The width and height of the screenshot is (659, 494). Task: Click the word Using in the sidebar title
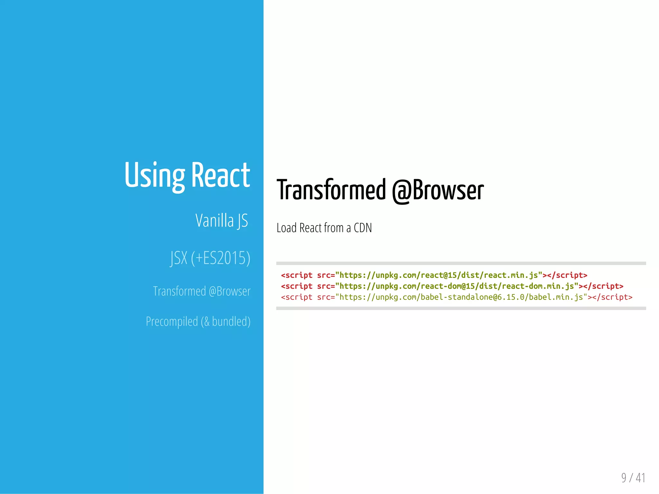point(154,175)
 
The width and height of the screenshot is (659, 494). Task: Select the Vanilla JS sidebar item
point(222,221)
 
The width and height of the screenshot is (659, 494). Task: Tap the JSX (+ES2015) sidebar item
point(210,258)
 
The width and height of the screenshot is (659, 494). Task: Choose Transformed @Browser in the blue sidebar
point(202,291)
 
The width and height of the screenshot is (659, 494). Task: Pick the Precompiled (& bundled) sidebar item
point(198,322)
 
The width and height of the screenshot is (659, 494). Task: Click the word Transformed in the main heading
point(331,190)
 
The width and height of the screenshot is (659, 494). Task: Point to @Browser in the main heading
point(438,190)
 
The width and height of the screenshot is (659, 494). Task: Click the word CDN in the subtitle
point(363,228)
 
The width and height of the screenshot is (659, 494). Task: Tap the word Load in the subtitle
point(286,228)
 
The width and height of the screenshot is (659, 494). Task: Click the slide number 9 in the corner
point(624,478)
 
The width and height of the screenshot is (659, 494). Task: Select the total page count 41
point(640,478)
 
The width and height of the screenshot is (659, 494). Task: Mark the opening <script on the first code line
point(297,275)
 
